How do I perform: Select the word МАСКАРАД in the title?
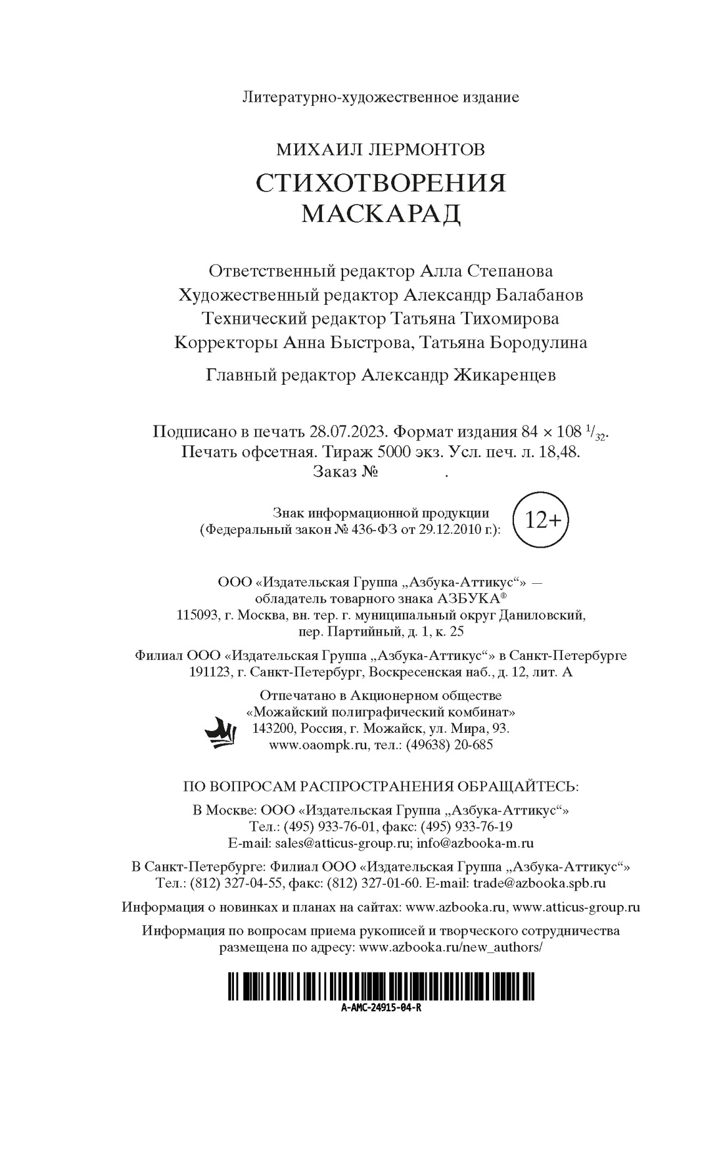pos(381,213)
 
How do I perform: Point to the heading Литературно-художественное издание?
pos(381,98)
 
